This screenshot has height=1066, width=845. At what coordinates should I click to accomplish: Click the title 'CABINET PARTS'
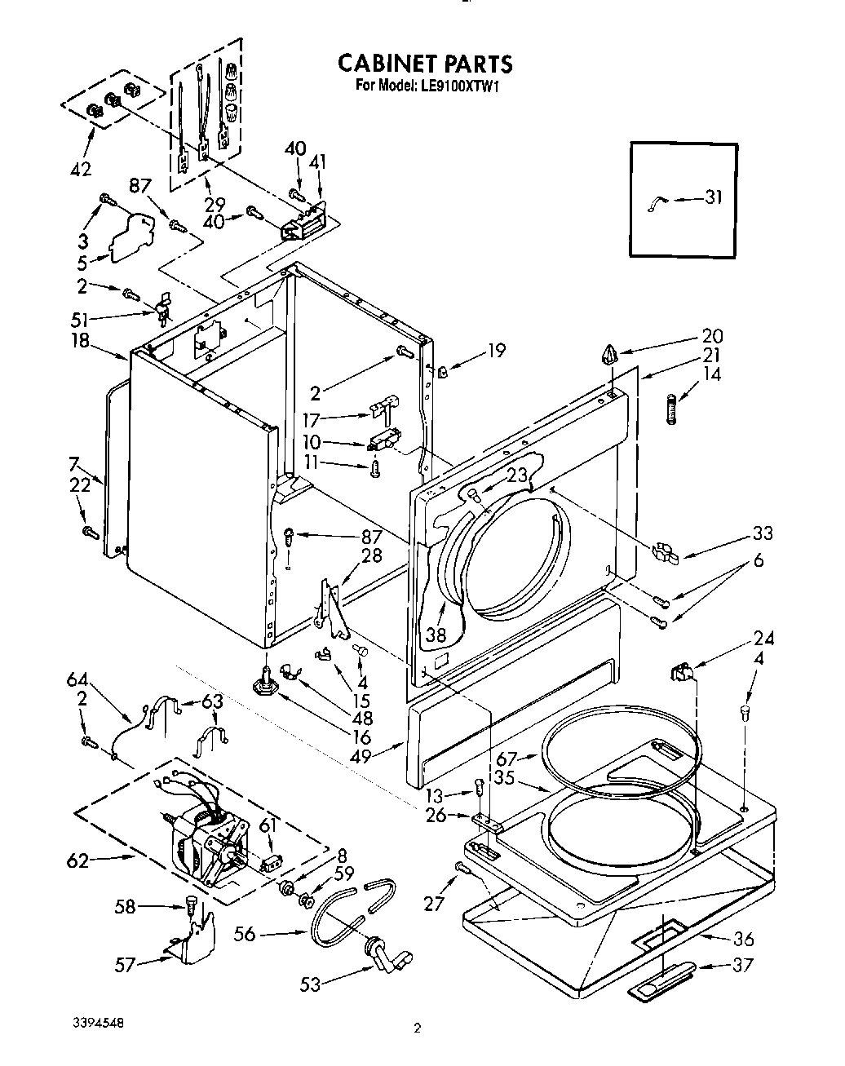point(425,64)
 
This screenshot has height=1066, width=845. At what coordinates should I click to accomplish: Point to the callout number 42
point(81,169)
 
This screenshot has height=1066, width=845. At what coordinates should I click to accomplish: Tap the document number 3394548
point(92,1020)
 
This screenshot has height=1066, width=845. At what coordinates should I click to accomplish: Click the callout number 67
point(507,760)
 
